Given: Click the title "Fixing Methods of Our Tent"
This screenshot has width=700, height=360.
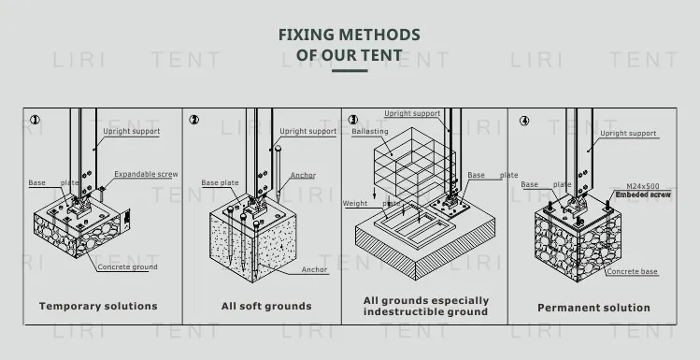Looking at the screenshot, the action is (x=350, y=45).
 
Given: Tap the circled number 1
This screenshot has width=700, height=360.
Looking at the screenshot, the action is (x=35, y=120).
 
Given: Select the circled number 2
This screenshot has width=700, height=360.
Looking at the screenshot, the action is (x=193, y=120).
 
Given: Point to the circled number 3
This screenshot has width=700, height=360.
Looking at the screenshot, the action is (x=352, y=120).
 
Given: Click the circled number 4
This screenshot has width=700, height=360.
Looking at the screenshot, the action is (x=524, y=121).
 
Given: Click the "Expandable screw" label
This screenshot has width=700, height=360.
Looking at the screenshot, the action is (x=146, y=174).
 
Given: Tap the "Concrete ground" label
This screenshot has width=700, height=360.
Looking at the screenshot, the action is (x=127, y=267).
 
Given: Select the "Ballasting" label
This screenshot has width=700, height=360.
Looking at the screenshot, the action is (x=370, y=131).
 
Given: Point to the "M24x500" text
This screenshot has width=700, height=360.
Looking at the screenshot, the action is (x=642, y=186).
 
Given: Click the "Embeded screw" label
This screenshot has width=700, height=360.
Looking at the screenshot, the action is (x=643, y=194).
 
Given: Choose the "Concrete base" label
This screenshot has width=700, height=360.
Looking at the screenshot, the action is (x=632, y=271).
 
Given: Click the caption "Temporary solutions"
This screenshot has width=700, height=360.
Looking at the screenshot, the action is (x=98, y=306).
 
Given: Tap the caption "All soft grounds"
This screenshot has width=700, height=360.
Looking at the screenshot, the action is (x=266, y=306).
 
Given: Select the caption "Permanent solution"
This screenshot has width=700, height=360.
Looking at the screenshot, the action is (x=593, y=308).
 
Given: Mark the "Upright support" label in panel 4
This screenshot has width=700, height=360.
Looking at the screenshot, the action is (x=628, y=133).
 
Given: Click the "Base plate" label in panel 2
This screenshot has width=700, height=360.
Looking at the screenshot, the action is (x=220, y=182).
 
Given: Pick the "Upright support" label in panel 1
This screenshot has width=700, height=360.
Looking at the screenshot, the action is (x=131, y=131).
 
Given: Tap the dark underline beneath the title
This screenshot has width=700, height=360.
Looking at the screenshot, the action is (x=350, y=70).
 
